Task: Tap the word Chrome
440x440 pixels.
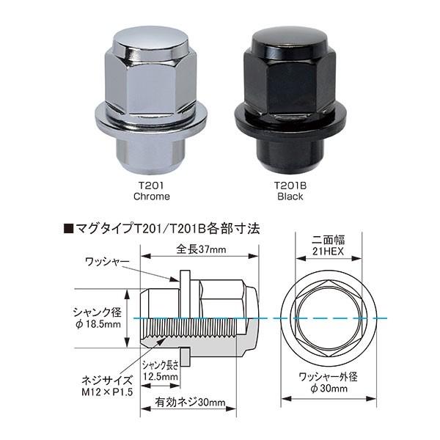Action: point(151,197)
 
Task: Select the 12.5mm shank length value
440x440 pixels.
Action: point(161,377)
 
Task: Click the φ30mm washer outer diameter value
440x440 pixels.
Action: point(328,389)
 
